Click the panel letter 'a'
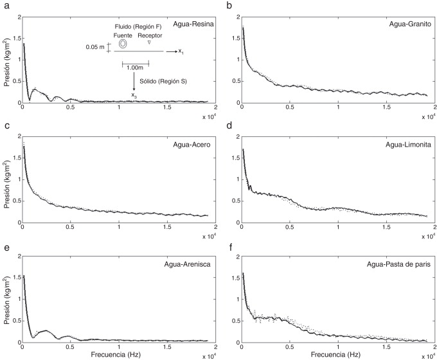pos(4,6)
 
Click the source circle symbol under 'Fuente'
pos(121,45)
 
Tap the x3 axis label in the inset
pos(134,95)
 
